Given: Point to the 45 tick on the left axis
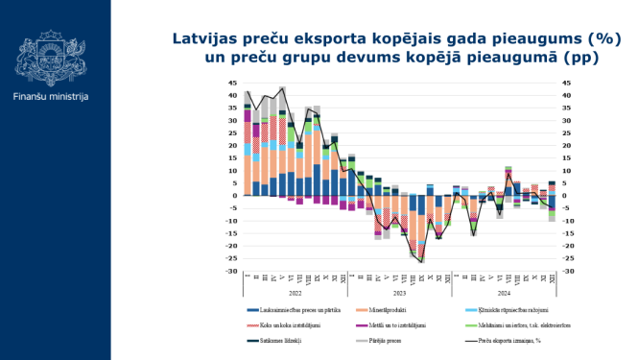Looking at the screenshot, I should pyautogui.click(x=232, y=83).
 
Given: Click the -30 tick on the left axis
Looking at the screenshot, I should pyautogui.click(x=231, y=272).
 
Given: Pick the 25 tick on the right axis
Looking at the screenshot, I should pyautogui.click(x=567, y=132).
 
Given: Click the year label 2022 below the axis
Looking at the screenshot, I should pyautogui.click(x=296, y=293).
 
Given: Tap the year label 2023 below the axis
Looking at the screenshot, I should pyautogui.click(x=399, y=293).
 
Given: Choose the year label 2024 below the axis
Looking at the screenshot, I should pyautogui.click(x=503, y=293).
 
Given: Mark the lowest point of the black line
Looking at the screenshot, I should pyautogui.click(x=420, y=261).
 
